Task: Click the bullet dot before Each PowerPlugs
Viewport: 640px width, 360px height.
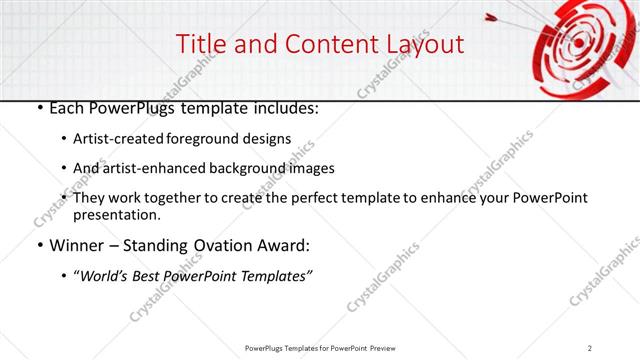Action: [x=38, y=108]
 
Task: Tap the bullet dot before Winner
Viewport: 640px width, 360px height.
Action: [x=38, y=245]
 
